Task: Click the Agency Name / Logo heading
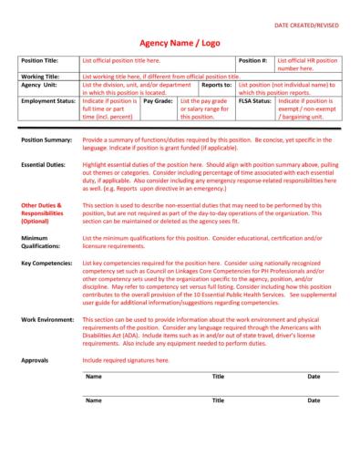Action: [180, 41]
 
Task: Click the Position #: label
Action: [252, 59]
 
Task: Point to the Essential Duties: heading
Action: [44, 164]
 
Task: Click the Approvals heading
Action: [36, 360]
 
